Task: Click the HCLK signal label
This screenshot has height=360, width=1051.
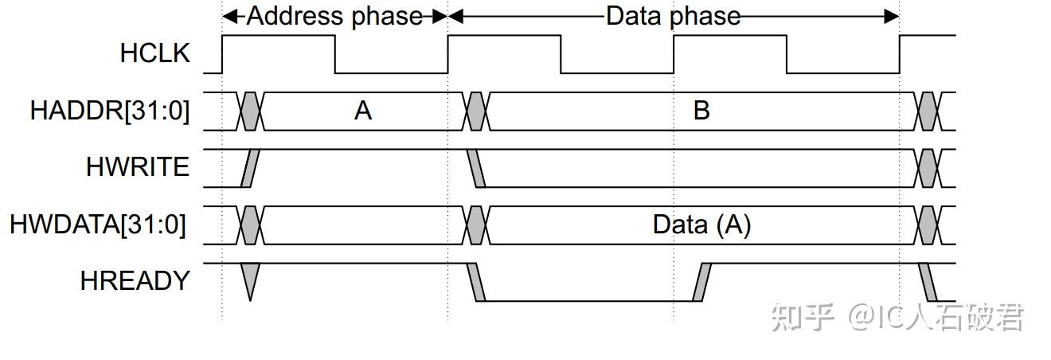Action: coord(155,53)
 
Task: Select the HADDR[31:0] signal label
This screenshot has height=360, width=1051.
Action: coord(110,111)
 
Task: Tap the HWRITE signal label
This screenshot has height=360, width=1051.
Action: coord(138,167)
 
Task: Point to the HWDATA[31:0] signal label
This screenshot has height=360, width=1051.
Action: coord(98,225)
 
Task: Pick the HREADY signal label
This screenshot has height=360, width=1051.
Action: coord(135,281)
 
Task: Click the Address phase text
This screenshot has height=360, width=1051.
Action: coord(334,16)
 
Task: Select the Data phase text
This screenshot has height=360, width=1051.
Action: coord(673,16)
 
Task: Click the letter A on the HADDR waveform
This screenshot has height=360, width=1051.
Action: coord(363,111)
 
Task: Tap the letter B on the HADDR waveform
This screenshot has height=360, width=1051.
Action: coord(701,111)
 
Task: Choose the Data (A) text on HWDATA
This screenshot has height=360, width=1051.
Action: coord(701,225)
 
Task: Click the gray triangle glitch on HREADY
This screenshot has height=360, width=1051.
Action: coord(250,280)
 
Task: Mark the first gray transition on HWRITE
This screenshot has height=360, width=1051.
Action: coord(250,168)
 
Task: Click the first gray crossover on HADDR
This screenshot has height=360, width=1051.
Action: coord(250,111)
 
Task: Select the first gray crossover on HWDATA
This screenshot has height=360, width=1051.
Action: coord(250,225)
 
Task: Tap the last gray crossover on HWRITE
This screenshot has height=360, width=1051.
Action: coord(928,168)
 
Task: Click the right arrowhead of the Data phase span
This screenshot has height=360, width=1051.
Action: coord(893,16)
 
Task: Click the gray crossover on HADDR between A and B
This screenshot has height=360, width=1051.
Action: coord(476,111)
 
